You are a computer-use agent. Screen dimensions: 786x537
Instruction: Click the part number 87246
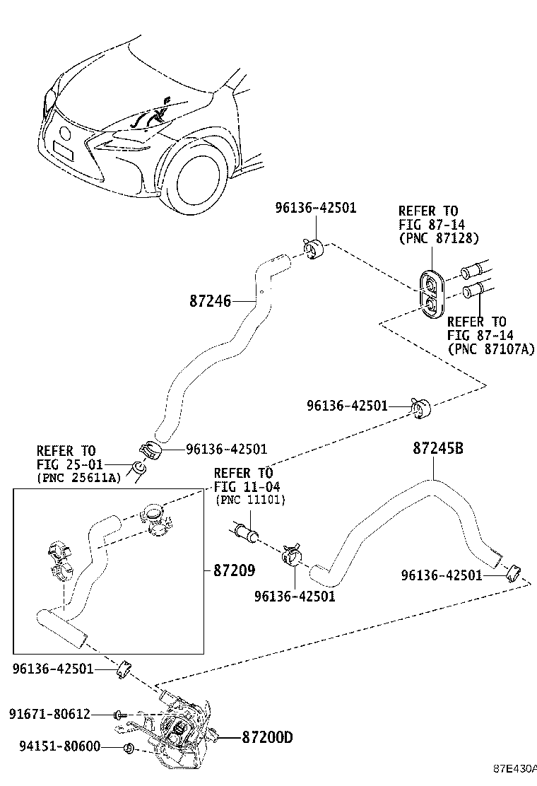click(210, 301)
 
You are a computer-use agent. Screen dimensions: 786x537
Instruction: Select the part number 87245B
click(437, 448)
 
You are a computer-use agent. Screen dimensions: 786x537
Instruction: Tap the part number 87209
click(234, 570)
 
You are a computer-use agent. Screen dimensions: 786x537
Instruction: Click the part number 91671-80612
click(50, 714)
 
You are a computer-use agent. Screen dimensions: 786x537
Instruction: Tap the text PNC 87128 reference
click(439, 238)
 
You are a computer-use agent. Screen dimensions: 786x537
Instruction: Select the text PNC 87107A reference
click(490, 348)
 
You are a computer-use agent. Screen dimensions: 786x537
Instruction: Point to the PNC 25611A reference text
click(78, 479)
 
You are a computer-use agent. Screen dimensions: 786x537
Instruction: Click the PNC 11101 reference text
click(249, 500)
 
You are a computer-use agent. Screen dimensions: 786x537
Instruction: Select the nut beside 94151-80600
click(128, 748)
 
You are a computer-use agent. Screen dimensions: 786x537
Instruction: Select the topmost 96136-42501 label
click(315, 207)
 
